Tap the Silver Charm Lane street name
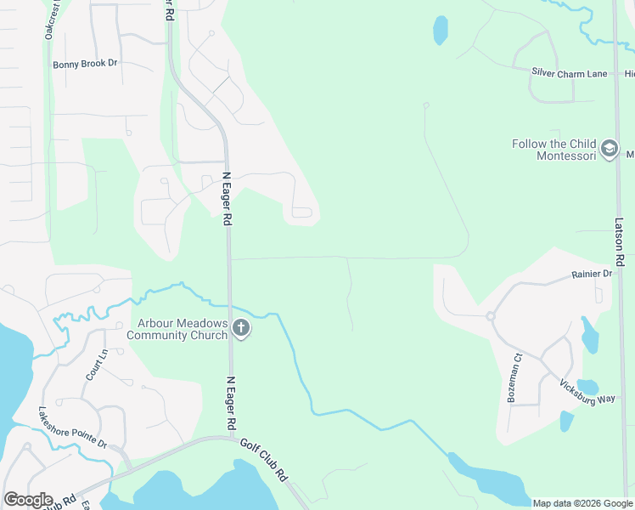click(570, 73)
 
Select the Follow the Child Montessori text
click(554, 150)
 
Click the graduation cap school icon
click(609, 150)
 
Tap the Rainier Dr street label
click(592, 275)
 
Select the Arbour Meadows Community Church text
click(177, 329)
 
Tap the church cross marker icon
click(241, 328)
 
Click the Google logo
click(28, 500)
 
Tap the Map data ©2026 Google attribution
click(582, 503)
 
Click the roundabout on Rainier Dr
click(491, 316)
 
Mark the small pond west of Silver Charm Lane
click(440, 30)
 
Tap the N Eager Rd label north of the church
click(227, 199)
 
